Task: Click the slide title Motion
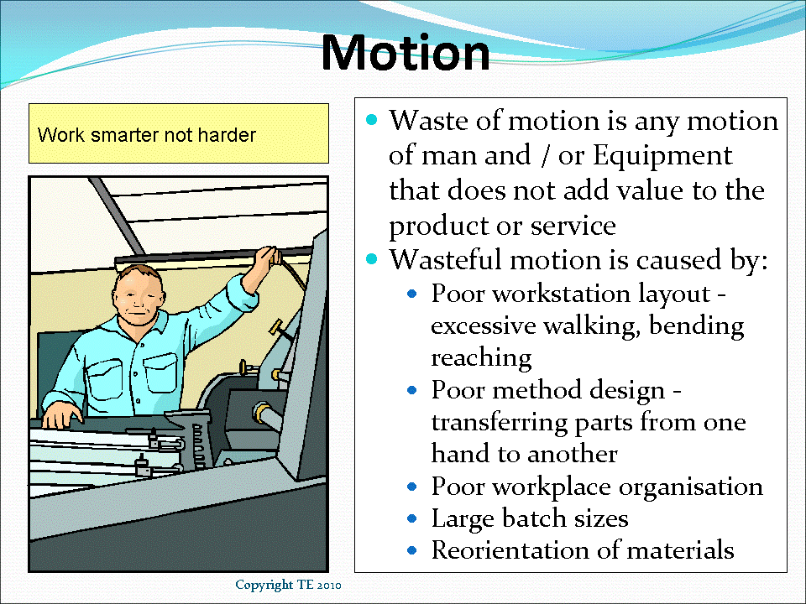(406, 52)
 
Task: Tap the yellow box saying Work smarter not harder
(179, 133)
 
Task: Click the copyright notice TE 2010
(287, 584)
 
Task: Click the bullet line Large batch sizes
(530, 518)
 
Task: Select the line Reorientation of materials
(583, 550)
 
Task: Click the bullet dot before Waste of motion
(373, 121)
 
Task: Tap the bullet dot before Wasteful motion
(373, 260)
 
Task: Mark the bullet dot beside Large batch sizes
(411, 519)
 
